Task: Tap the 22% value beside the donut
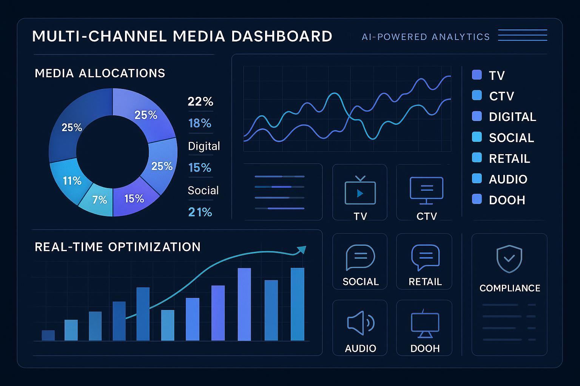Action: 201,101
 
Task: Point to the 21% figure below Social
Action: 200,212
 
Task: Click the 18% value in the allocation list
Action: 200,123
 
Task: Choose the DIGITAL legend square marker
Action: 477,116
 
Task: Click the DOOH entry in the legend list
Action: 507,200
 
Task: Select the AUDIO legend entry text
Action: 508,179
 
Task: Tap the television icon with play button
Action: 360,191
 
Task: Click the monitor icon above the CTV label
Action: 426,190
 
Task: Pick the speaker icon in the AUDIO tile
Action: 360,323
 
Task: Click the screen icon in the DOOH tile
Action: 425,324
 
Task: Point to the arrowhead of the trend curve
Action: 302,250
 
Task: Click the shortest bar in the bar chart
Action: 48,335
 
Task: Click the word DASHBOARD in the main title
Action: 281,37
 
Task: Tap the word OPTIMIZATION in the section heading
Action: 154,247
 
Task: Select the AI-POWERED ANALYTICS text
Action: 426,37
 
